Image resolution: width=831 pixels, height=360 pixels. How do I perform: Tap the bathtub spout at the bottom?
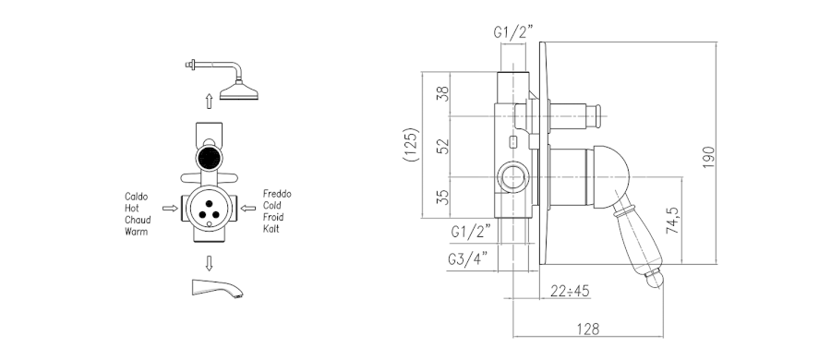(216, 288)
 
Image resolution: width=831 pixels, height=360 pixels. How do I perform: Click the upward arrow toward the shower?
(209, 102)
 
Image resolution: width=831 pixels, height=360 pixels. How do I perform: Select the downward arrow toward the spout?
(209, 263)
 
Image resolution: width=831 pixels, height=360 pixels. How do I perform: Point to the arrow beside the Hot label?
(170, 209)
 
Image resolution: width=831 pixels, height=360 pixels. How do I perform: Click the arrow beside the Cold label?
(247, 209)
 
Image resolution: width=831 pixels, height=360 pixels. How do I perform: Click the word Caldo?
(137, 197)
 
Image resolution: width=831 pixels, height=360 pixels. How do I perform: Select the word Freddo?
(277, 194)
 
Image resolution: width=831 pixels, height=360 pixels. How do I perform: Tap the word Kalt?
(271, 229)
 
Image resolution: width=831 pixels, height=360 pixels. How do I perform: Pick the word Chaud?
(138, 220)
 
